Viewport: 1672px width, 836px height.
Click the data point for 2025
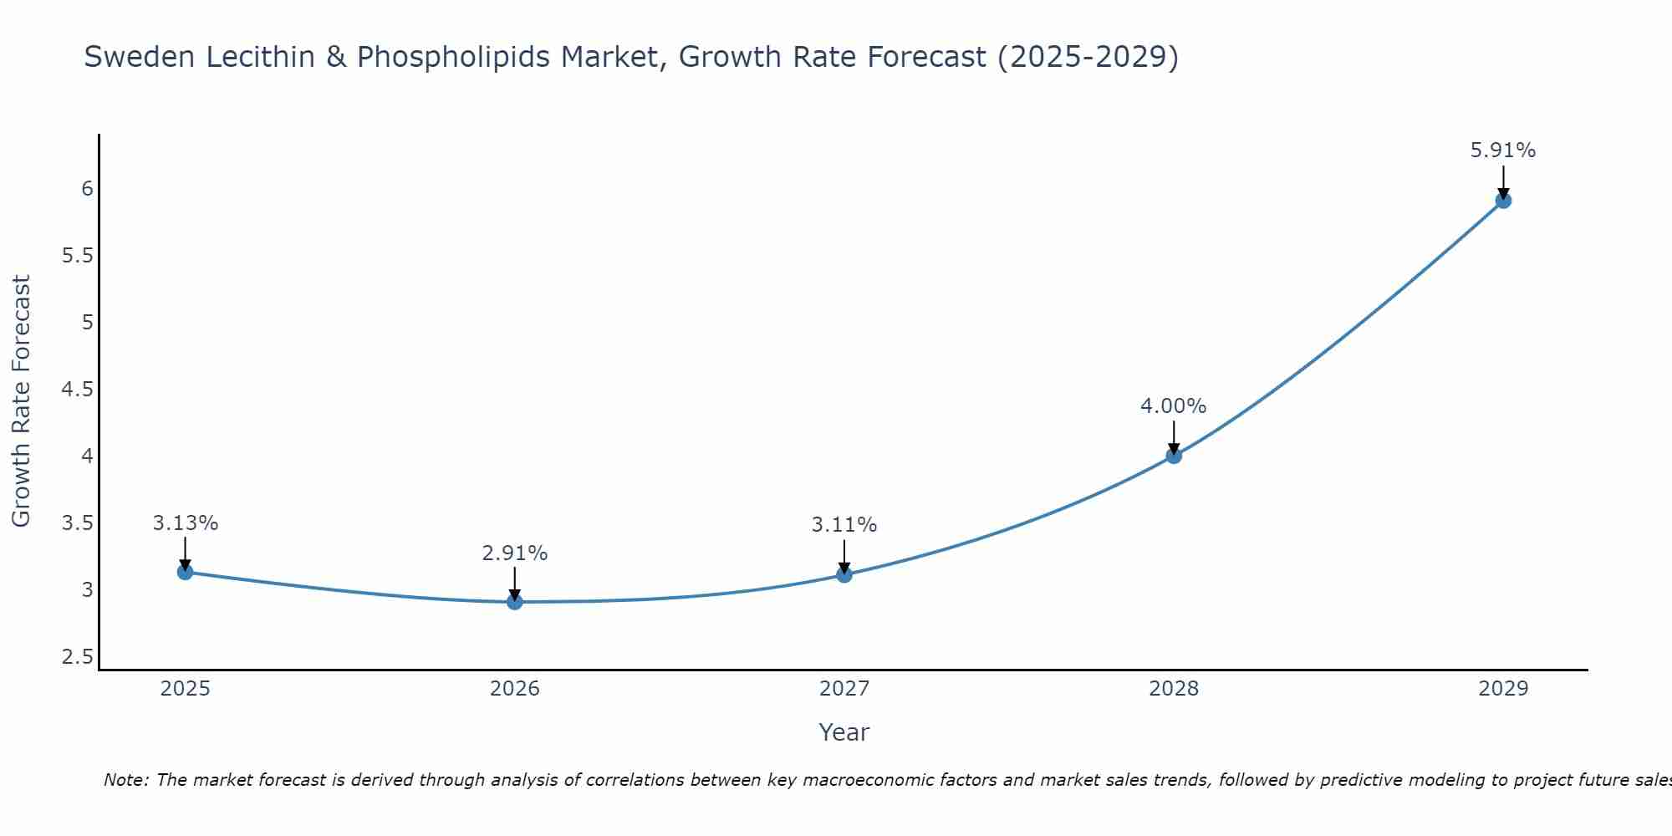[186, 572]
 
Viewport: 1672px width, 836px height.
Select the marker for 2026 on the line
[515, 602]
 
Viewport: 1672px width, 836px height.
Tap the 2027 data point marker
[844, 574]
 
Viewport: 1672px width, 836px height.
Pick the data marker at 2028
[1174, 456]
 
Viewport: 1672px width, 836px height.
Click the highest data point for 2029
[1503, 201]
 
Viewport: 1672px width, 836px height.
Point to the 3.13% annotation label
[186, 523]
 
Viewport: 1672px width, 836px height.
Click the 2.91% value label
[515, 553]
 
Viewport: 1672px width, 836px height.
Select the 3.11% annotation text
[844, 525]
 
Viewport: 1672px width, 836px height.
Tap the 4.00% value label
[1174, 406]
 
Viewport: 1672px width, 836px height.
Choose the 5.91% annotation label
[1503, 150]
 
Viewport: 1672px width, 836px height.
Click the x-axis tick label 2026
[515, 689]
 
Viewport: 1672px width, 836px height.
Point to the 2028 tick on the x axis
[1174, 689]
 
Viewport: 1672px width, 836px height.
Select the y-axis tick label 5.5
[77, 256]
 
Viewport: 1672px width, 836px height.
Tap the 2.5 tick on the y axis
[77, 657]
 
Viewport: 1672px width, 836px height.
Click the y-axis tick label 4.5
[77, 390]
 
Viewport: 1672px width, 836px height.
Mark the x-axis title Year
[844, 732]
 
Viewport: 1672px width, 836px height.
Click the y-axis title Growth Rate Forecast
[21, 401]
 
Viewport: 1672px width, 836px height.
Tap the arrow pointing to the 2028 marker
[1174, 436]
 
